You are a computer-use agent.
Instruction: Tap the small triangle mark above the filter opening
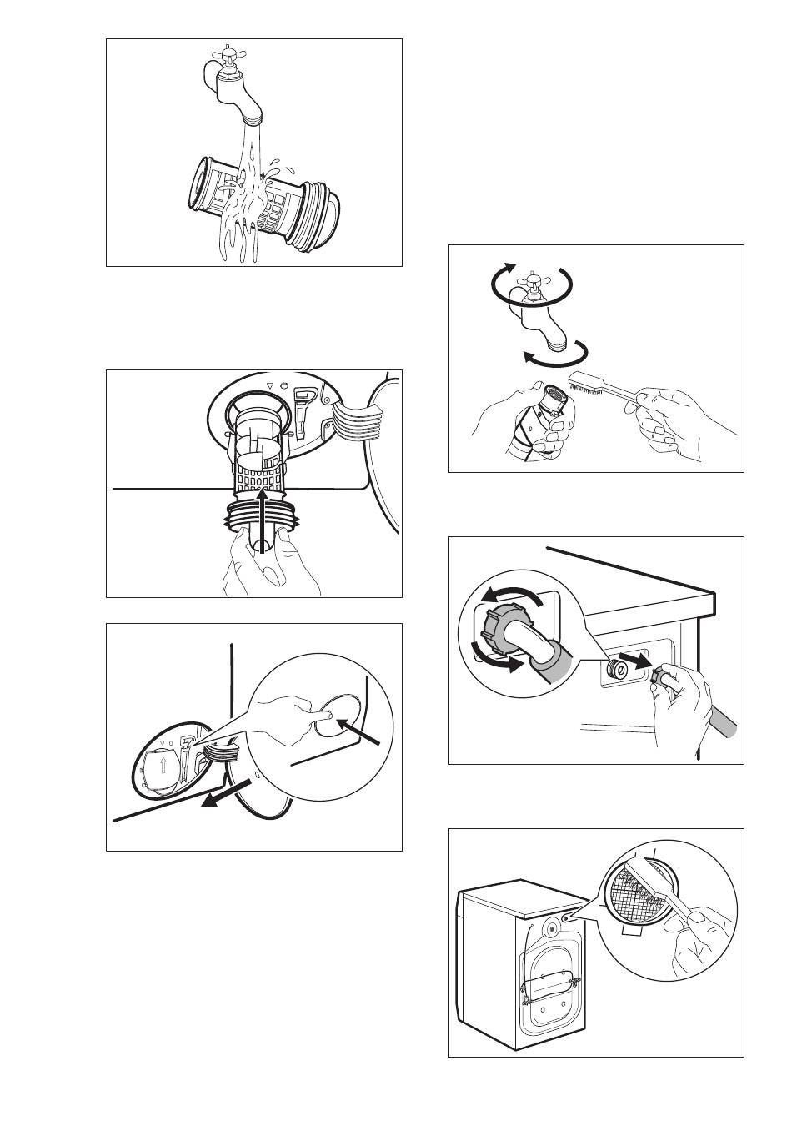(269, 386)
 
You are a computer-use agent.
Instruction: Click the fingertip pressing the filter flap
(330, 715)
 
